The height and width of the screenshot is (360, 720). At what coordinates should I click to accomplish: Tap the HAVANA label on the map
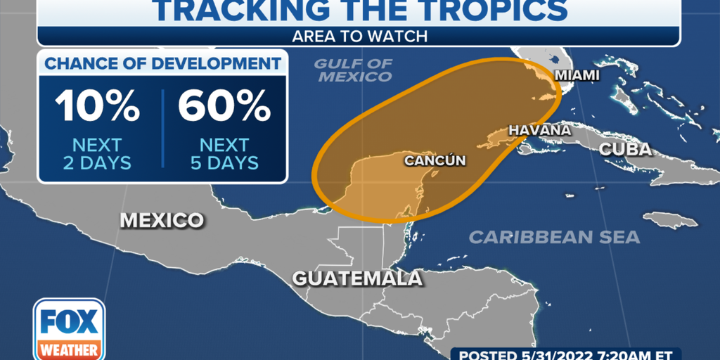(x=539, y=130)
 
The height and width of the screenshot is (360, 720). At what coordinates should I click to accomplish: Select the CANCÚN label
(x=435, y=160)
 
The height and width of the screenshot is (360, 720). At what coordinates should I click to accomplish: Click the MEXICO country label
(x=162, y=220)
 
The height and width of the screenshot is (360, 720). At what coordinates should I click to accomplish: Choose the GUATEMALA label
(x=357, y=278)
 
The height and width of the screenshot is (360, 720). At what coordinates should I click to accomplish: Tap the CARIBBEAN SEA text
(x=554, y=237)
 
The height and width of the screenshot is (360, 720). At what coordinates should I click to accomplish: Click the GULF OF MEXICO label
(x=353, y=70)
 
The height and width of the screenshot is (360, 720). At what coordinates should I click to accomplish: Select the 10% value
(x=98, y=107)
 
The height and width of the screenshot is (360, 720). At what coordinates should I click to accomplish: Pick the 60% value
(x=224, y=107)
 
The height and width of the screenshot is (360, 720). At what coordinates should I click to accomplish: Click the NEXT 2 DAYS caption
(x=98, y=154)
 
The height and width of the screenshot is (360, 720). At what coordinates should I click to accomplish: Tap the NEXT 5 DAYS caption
(x=224, y=154)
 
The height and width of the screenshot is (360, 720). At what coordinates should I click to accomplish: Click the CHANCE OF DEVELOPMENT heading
(x=162, y=64)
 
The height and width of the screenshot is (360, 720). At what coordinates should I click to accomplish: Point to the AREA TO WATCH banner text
(x=359, y=34)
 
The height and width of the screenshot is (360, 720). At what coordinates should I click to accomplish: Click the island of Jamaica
(x=669, y=220)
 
